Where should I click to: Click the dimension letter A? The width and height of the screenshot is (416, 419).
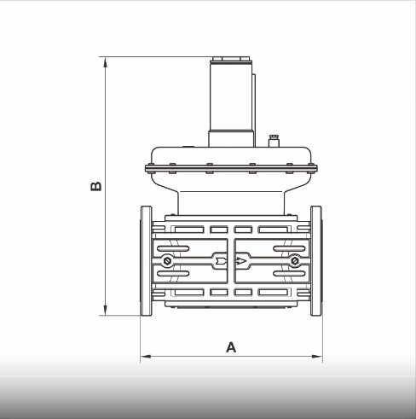pyautogui.click(x=230, y=346)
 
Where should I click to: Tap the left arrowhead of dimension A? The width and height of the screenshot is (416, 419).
pyautogui.click(x=144, y=355)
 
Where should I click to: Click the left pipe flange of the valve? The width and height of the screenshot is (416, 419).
pyautogui.click(x=146, y=260)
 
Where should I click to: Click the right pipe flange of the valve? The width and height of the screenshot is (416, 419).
pyautogui.click(x=316, y=260)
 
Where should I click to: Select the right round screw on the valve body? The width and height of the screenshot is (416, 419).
pyautogui.click(x=293, y=260)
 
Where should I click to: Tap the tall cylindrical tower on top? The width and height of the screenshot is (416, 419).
pyautogui.click(x=231, y=98)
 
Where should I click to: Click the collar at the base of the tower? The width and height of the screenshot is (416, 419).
pyautogui.click(x=230, y=137)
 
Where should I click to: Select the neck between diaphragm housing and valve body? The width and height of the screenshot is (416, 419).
pyautogui.click(x=231, y=201)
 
